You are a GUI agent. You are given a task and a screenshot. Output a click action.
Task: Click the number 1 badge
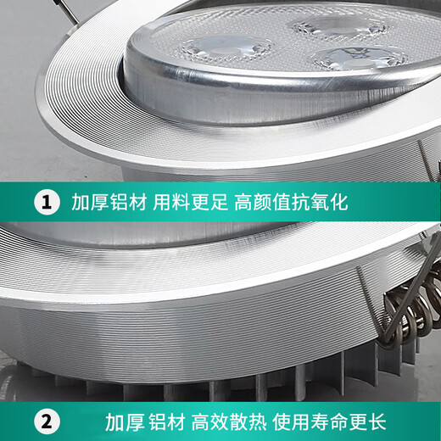tap(45, 203)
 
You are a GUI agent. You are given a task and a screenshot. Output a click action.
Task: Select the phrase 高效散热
tap(229, 421)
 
